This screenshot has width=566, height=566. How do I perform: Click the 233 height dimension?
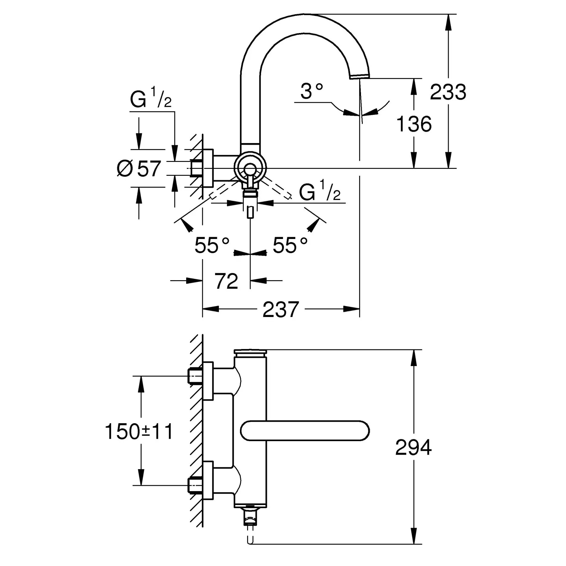pyautogui.click(x=448, y=92)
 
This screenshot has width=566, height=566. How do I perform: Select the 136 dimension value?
pyautogui.click(x=414, y=124)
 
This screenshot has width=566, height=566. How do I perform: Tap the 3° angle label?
pyautogui.click(x=312, y=91)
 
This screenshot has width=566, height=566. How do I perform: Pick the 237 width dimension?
pyautogui.click(x=280, y=309)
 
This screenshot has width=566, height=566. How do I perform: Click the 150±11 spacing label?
pyautogui.click(x=139, y=431)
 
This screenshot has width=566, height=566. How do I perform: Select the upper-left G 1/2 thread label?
pyautogui.click(x=151, y=98)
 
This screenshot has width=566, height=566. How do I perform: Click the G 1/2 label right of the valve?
pyautogui.click(x=320, y=191)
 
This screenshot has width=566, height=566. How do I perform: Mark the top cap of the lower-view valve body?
pyautogui.click(x=250, y=352)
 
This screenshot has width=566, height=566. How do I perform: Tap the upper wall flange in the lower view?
pyautogui.click(x=208, y=380)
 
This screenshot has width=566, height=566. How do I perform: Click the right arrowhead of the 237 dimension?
pyautogui.click(x=351, y=309)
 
